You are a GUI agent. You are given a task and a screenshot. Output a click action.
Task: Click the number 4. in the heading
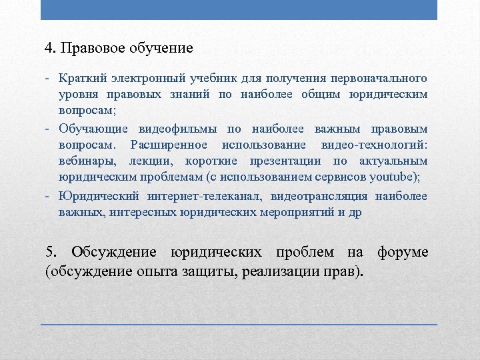51,49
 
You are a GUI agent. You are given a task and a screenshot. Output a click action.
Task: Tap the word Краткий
77,79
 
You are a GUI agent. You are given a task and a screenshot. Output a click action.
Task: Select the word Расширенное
169,145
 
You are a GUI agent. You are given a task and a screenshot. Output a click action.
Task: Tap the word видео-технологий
383,145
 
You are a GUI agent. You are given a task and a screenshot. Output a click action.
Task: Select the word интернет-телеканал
203,195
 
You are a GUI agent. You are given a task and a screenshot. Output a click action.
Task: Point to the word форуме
403,253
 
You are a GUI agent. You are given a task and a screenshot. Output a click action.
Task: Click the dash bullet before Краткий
49,79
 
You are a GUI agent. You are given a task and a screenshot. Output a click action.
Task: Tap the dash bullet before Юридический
49,195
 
